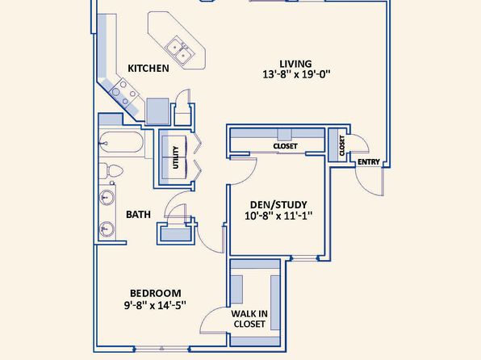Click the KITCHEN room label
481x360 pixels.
[148, 68]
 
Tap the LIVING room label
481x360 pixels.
[295, 64]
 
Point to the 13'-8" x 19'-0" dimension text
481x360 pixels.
[296, 74]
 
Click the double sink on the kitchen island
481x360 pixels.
[180, 51]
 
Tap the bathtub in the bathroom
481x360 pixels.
[121, 142]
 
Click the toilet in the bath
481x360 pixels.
[111, 171]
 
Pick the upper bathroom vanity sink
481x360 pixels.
[107, 197]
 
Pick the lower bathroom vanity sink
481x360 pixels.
[107, 229]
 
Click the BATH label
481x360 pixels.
[138, 214]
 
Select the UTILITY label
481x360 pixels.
[176, 157]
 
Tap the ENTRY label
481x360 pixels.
[369, 161]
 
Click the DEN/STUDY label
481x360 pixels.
[278, 205]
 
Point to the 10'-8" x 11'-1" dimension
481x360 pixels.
[278, 216]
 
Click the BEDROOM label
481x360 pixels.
[156, 293]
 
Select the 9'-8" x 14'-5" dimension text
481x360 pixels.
[155, 305]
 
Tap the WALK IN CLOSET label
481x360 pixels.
[249, 319]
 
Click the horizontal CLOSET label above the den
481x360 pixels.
[285, 146]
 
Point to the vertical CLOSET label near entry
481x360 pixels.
[342, 145]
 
